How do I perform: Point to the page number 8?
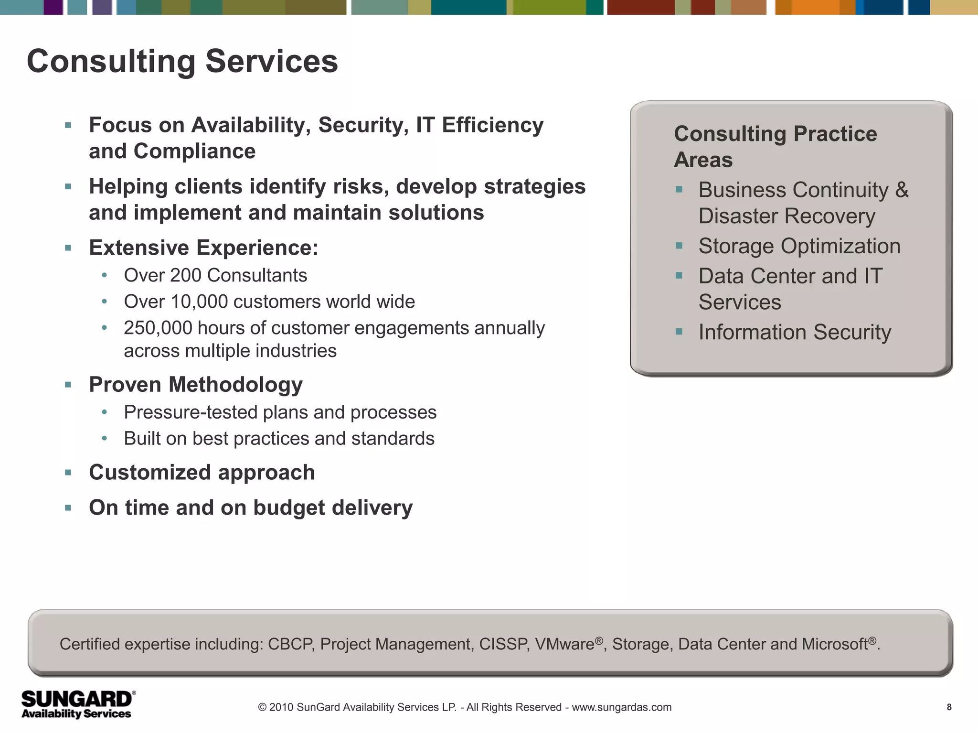coord(949,707)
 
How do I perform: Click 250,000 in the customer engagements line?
coord(157,328)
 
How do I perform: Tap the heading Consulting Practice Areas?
coord(775,146)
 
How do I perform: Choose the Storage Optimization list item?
coord(799,246)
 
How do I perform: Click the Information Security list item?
coord(794,332)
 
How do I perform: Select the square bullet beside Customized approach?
coord(68,473)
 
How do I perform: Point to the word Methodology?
coord(235,385)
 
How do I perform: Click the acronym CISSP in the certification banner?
coord(503,644)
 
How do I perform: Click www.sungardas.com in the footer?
coord(621,707)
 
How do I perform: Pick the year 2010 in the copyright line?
coord(281,707)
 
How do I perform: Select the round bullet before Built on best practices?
coord(105,439)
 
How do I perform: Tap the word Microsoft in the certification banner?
coord(835,644)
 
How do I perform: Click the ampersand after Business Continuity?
coord(902,190)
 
